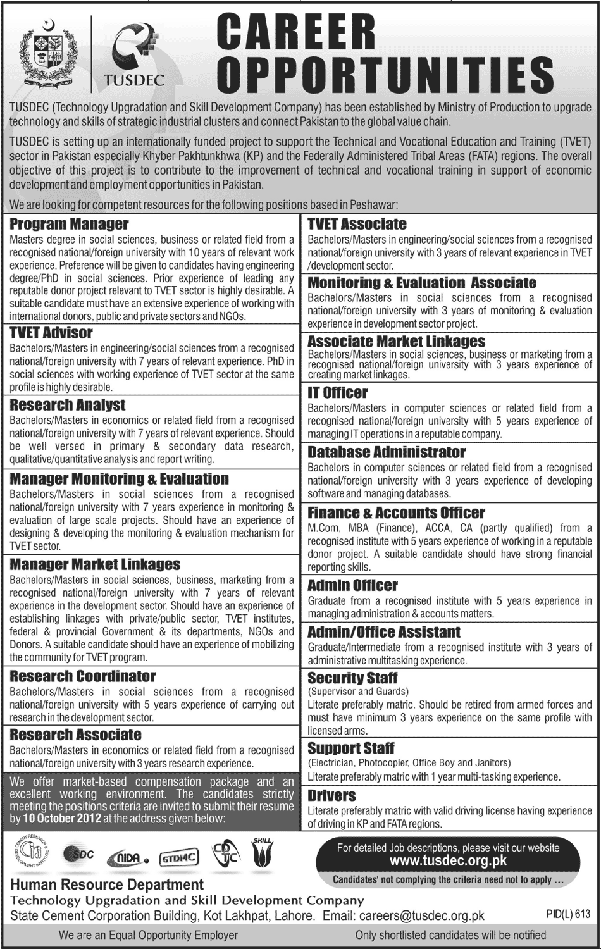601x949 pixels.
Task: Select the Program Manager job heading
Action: click(x=70, y=224)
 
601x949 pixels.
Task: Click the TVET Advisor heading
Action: click(x=51, y=332)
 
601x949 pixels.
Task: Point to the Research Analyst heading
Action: click(x=68, y=405)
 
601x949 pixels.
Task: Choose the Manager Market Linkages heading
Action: click(x=95, y=564)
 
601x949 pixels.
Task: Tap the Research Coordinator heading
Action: click(x=83, y=676)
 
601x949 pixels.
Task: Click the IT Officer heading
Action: click(x=338, y=392)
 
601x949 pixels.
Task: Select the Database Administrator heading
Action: click(x=387, y=452)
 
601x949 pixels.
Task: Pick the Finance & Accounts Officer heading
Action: click(x=397, y=512)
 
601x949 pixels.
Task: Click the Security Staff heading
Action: click(x=352, y=678)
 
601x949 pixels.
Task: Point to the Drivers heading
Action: click(x=332, y=795)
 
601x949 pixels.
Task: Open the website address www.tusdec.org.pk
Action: click(x=448, y=860)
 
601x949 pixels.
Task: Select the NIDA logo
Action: click(x=128, y=857)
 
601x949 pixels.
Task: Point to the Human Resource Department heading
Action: click(x=107, y=884)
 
